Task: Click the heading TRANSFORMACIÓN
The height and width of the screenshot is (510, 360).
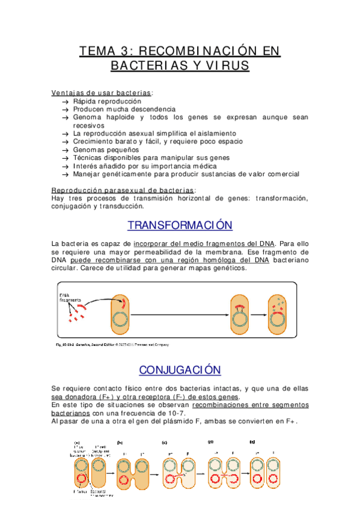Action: coord(180,226)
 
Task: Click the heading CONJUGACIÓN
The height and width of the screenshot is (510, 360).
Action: coord(180,369)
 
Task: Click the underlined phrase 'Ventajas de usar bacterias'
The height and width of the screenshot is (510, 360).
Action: coord(102,93)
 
